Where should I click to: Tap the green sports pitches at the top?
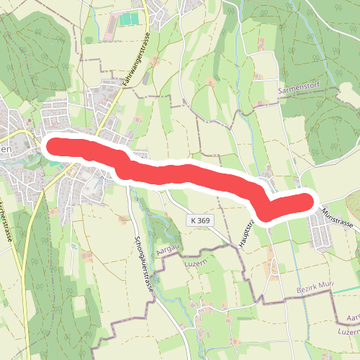(x=130, y=19)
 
